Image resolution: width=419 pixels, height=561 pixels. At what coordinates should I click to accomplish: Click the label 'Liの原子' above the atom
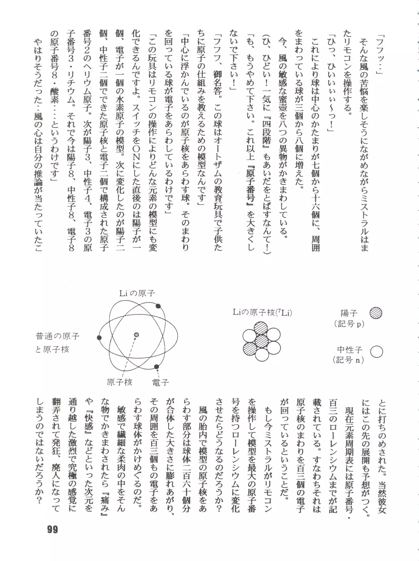pyautogui.click(x=137, y=293)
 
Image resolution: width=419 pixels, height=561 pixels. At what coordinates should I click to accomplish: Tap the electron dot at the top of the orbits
pyautogui.click(x=158, y=306)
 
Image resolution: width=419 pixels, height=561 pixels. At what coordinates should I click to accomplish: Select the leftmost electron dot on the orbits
pyautogui.click(x=99, y=338)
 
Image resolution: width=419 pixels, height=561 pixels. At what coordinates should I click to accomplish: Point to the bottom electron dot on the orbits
pyautogui.click(x=156, y=367)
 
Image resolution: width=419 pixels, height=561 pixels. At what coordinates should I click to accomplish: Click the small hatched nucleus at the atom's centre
pyautogui.click(x=136, y=335)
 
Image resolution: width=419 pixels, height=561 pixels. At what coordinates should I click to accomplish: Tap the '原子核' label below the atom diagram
pyautogui.click(x=119, y=382)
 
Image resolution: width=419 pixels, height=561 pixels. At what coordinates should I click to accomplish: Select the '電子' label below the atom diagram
pyautogui.click(x=161, y=383)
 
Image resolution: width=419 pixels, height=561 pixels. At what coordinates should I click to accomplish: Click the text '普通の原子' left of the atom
pyautogui.click(x=57, y=336)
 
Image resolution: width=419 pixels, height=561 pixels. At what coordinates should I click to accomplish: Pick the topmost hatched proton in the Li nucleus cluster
pyautogui.click(x=261, y=329)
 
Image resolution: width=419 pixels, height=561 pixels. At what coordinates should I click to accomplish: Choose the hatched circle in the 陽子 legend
pyautogui.click(x=376, y=313)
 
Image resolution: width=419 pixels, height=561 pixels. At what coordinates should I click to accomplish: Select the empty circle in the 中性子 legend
pyautogui.click(x=377, y=352)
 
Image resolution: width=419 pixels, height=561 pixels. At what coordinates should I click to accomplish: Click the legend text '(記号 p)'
pyautogui.click(x=349, y=324)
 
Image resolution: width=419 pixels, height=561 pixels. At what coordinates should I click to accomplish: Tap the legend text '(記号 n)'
pyautogui.click(x=349, y=360)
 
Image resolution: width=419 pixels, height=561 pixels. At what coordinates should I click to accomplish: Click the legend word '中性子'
pyautogui.click(x=350, y=350)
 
